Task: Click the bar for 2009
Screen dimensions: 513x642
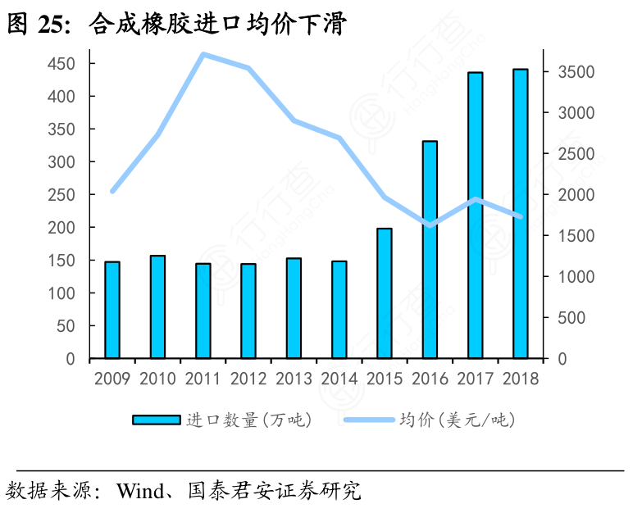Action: (112, 310)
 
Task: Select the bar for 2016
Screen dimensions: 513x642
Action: (430, 250)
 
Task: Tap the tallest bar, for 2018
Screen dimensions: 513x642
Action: (520, 214)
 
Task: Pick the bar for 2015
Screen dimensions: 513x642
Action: (385, 293)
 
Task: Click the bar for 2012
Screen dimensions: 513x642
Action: (248, 311)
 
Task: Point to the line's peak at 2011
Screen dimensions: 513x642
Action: (203, 55)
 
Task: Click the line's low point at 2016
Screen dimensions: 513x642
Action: (430, 225)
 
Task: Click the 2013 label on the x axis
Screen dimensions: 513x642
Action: (294, 379)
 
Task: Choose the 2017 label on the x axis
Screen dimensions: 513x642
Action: (475, 379)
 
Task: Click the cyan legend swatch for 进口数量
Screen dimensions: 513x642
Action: (156, 420)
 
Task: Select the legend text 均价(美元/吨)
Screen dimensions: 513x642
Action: (457, 420)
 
